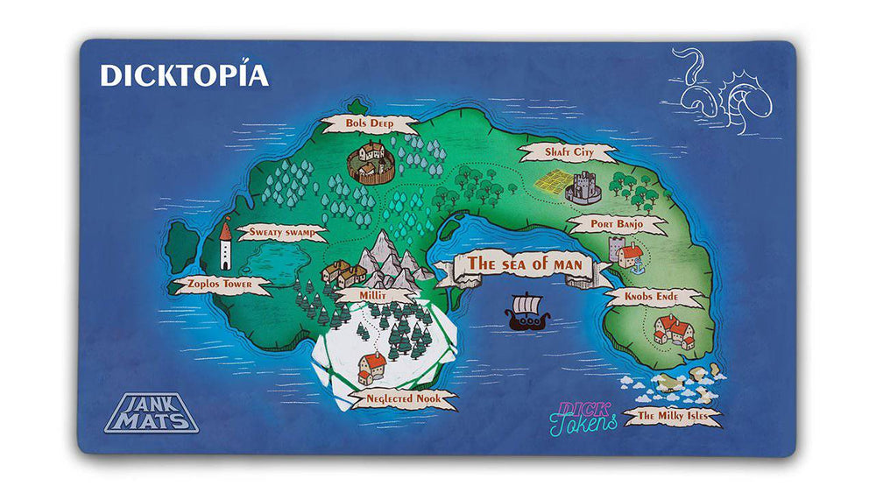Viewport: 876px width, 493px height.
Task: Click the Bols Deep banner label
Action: click(x=369, y=123)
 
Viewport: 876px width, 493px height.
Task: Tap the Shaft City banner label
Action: click(x=569, y=152)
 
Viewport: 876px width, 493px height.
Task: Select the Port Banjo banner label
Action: click(x=617, y=224)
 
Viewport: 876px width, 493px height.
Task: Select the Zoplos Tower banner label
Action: click(x=215, y=285)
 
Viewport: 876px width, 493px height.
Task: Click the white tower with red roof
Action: click(x=225, y=243)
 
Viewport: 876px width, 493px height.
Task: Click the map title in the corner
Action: click(x=184, y=75)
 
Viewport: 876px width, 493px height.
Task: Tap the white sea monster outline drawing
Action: click(x=722, y=92)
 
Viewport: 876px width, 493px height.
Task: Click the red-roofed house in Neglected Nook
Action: click(x=371, y=368)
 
